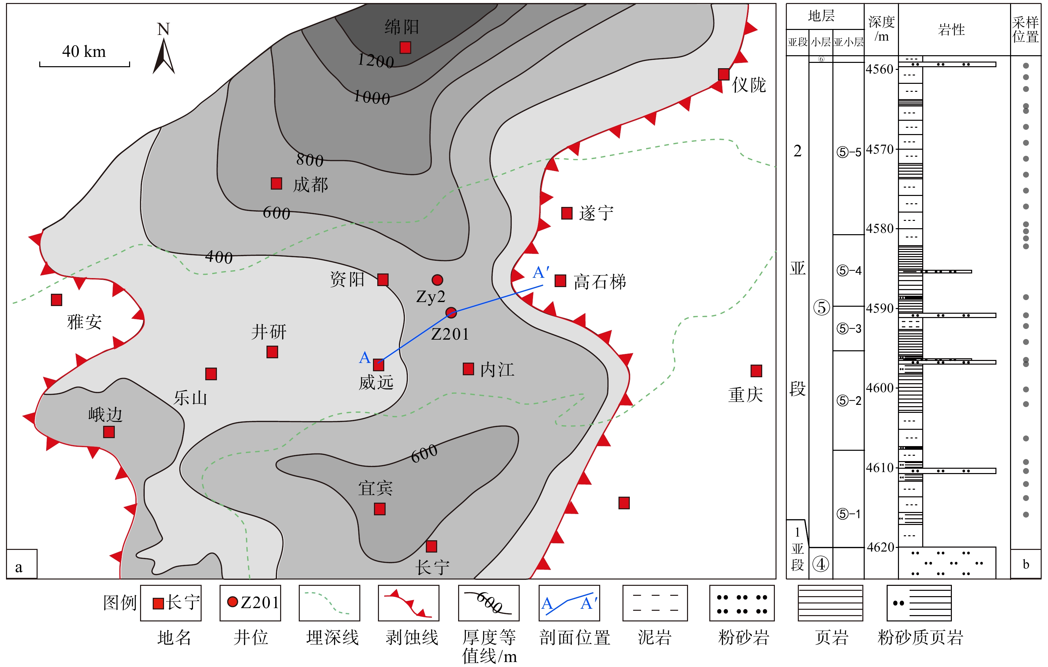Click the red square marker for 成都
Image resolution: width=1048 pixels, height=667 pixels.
pos(276,183)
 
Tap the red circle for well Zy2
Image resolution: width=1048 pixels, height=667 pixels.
pos(437,279)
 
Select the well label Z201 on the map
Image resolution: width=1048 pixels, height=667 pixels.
pos(450,334)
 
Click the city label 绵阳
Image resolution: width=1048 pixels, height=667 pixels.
pos(402,27)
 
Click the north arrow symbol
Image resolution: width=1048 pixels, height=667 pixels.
pos(164,56)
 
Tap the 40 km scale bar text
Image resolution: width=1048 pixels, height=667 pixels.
pos(84,51)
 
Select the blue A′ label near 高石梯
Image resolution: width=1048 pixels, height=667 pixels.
pos(541,272)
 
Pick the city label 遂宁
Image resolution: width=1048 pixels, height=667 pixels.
pos(596,213)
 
